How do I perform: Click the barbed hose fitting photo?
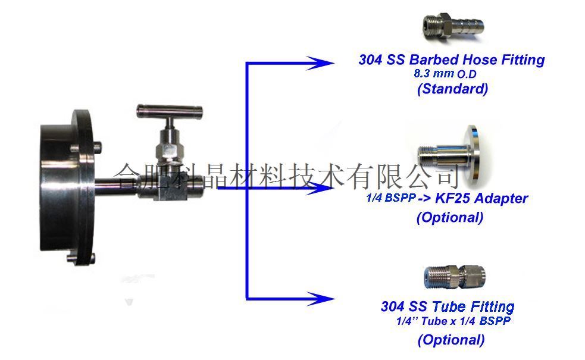coord(453,26)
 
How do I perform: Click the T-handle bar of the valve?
coord(170,111)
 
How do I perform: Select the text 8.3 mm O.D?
coord(445,74)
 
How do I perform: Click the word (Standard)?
coord(452,89)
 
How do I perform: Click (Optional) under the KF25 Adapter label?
coord(450,217)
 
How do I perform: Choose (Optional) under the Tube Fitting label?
coord(452,340)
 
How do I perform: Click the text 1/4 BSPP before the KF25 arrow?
coord(390,198)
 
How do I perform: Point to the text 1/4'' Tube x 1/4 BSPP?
coord(453,321)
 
